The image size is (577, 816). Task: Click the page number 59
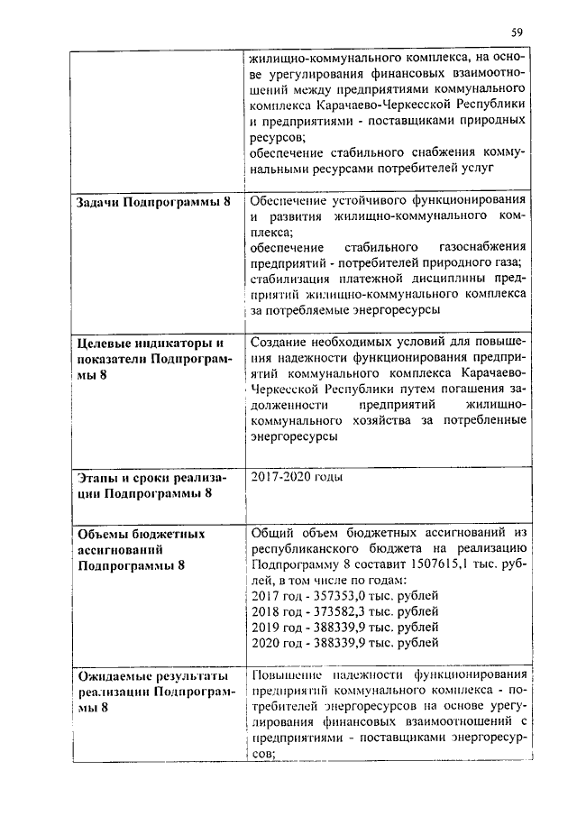click(x=517, y=32)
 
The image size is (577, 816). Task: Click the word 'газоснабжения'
click(x=478, y=247)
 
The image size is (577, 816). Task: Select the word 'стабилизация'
click(x=290, y=279)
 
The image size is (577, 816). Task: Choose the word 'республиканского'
click(x=308, y=549)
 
